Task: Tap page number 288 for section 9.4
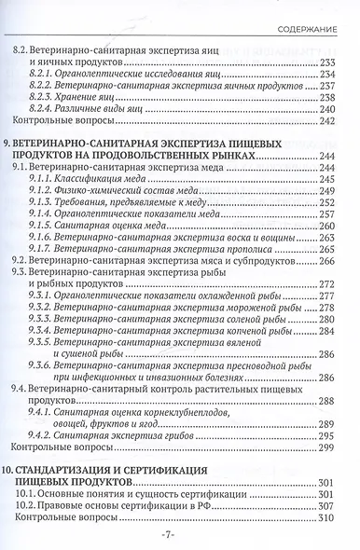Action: point(326,425)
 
